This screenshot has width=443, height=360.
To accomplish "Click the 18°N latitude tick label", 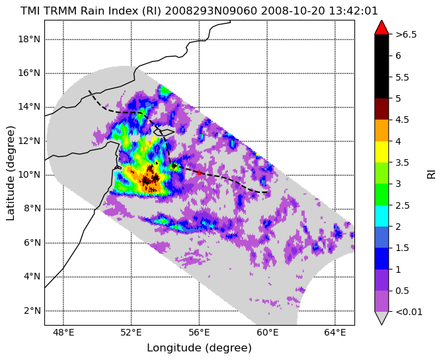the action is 29,39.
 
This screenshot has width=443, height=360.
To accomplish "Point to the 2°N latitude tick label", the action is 32,311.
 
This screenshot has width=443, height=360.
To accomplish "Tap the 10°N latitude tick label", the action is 29,175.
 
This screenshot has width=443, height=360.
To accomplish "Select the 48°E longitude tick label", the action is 63,333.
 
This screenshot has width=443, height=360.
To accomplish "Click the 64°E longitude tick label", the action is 335,333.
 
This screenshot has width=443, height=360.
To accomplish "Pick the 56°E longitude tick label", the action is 199,333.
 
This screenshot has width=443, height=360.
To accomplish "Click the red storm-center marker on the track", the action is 199,172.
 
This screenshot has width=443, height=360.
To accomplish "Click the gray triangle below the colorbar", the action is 382,318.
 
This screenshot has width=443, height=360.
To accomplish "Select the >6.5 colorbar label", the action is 406,35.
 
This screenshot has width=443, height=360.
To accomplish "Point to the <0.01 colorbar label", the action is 409,312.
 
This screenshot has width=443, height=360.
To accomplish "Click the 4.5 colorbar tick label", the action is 402,120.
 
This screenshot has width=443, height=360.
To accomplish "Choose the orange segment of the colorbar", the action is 382,130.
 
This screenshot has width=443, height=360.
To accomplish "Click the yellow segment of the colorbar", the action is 382,152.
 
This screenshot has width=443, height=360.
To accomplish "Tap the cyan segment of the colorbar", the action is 382,216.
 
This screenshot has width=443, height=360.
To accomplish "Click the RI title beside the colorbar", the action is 431,173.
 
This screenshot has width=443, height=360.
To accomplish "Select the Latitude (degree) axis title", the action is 10,173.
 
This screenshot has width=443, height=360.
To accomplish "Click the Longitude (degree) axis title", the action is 199,348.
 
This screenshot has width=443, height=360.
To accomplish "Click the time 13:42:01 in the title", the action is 353,11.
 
